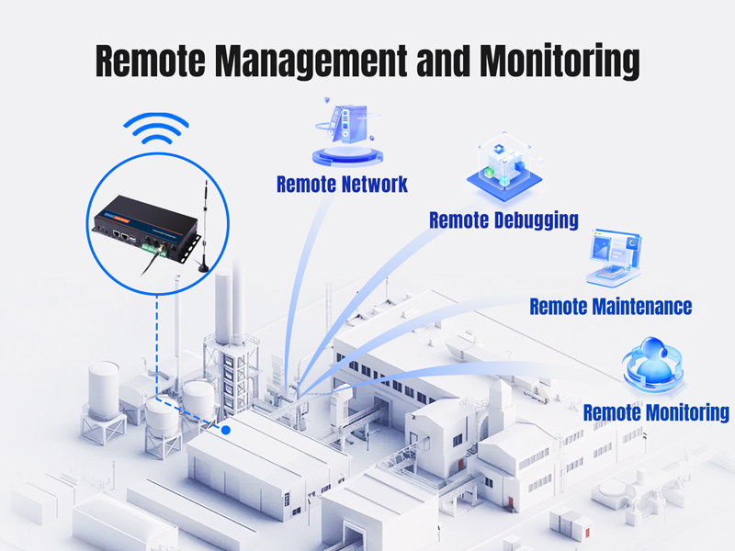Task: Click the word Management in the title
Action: click(x=311, y=62)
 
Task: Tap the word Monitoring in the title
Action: click(x=560, y=62)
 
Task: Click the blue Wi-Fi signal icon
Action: click(x=156, y=128)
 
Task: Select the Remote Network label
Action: click(x=342, y=184)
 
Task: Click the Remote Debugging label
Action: click(x=503, y=220)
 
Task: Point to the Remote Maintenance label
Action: click(x=611, y=307)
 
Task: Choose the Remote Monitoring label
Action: click(x=656, y=412)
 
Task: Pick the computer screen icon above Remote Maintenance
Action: click(x=614, y=258)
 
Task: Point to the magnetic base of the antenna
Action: click(x=203, y=266)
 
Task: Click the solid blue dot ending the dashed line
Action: click(x=226, y=430)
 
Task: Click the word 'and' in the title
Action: click(x=443, y=61)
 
